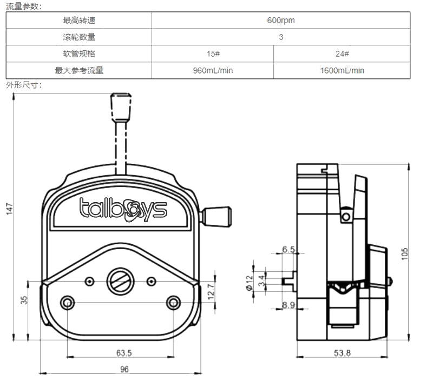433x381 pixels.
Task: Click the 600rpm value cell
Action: pos(280,21)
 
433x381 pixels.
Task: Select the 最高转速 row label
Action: pos(78,21)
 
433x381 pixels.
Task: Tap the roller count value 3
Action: pos(280,37)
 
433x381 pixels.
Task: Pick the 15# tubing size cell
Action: pos(213,54)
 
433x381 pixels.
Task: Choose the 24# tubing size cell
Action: pos(342,54)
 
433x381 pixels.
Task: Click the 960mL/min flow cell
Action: pos(213,71)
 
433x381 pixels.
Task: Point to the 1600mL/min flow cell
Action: pos(342,71)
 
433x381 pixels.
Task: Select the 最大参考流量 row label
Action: pos(78,71)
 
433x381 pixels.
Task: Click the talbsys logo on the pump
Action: pos(123,209)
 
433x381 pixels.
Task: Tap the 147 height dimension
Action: pos(9,209)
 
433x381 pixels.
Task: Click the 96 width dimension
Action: pos(124,369)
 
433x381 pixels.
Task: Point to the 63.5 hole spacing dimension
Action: pos(124,353)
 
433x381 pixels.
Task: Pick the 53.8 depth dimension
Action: pos(342,353)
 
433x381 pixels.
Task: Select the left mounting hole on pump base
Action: pos(67,302)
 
